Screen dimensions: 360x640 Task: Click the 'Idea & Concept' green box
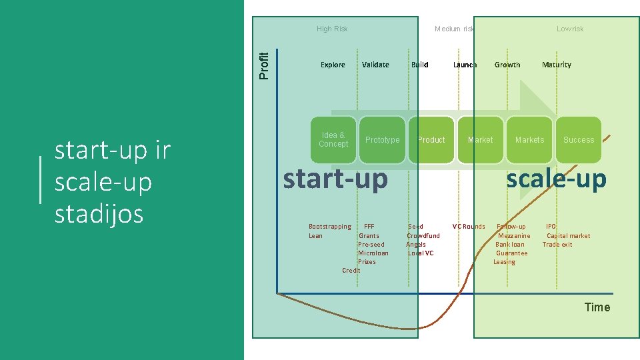pyautogui.click(x=334, y=140)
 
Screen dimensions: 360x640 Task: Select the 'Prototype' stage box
pyautogui.click(x=383, y=140)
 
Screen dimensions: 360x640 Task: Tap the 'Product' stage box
pyautogui.click(x=431, y=140)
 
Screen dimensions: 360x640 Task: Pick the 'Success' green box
pyautogui.click(x=578, y=140)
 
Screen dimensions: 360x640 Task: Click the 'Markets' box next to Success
pyautogui.click(x=529, y=140)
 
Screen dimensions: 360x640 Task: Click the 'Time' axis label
pyautogui.click(x=597, y=307)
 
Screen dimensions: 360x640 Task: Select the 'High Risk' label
pyautogui.click(x=332, y=29)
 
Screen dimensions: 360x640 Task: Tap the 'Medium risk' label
pyautogui.click(x=454, y=29)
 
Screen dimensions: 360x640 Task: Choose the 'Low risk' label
pyautogui.click(x=570, y=29)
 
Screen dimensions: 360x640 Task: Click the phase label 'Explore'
pyautogui.click(x=333, y=65)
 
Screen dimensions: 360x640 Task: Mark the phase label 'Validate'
pyautogui.click(x=375, y=65)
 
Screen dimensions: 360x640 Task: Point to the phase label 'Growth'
pyautogui.click(x=507, y=65)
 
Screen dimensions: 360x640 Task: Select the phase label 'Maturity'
pyautogui.click(x=557, y=65)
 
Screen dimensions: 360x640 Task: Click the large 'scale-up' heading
pyautogui.click(x=556, y=179)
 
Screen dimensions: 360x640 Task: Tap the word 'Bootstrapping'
pyautogui.click(x=330, y=227)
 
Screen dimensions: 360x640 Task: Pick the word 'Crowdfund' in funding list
pyautogui.click(x=423, y=235)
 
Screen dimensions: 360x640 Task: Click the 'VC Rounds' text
pyautogui.click(x=469, y=227)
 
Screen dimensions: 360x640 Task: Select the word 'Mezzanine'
pyautogui.click(x=514, y=235)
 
